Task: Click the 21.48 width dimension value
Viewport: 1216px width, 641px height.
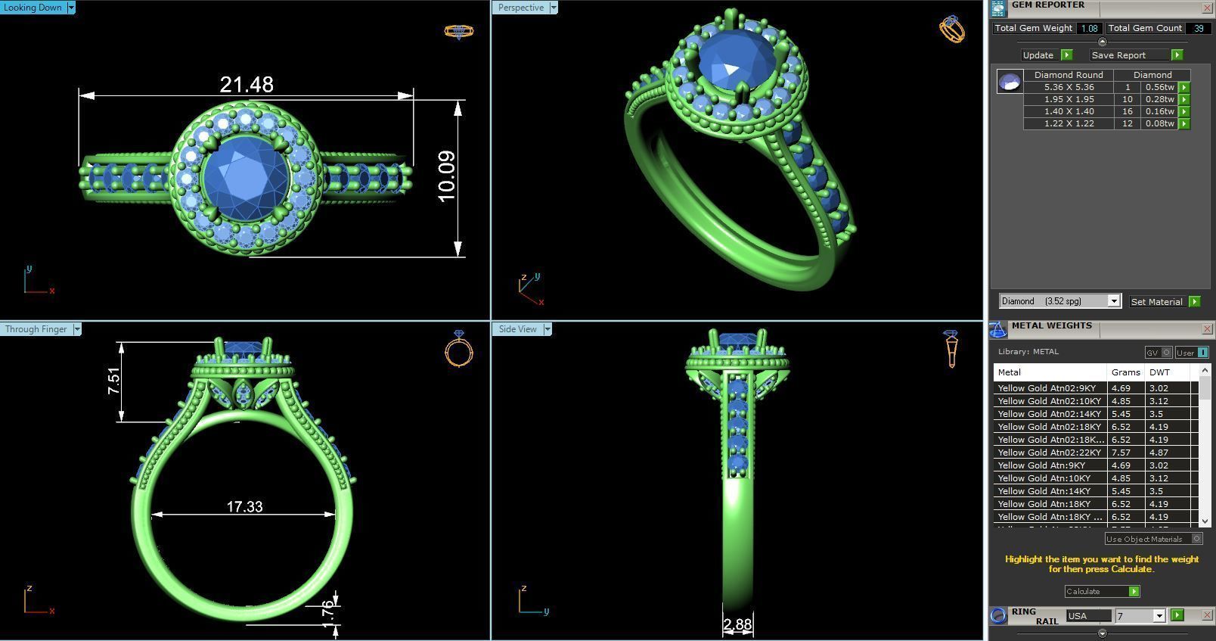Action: click(247, 85)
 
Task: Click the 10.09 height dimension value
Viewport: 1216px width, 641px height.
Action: click(446, 176)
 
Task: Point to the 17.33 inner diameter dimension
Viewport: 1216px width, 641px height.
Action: click(244, 506)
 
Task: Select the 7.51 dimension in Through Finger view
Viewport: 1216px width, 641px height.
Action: click(113, 381)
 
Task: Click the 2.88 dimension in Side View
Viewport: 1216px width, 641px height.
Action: click(737, 624)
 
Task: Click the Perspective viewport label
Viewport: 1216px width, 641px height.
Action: click(520, 8)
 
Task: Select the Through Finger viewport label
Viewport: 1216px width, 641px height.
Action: click(36, 329)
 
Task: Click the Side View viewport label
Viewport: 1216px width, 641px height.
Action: click(517, 329)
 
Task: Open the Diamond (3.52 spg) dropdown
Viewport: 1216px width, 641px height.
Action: click(1059, 301)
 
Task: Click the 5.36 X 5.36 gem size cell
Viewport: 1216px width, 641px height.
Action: click(1069, 87)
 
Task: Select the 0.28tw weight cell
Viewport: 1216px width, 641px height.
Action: click(1159, 99)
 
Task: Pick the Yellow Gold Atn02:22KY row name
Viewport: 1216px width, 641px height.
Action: click(1049, 453)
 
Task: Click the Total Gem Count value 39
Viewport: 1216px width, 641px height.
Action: click(1198, 28)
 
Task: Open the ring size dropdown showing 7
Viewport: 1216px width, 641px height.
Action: click(1140, 616)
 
